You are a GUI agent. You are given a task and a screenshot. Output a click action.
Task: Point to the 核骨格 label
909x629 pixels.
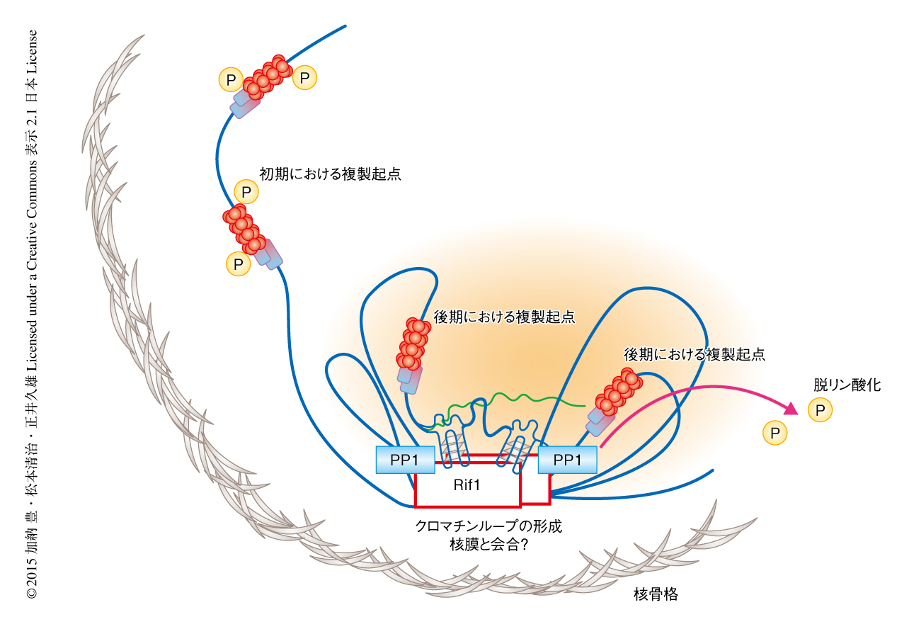pyautogui.click(x=655, y=594)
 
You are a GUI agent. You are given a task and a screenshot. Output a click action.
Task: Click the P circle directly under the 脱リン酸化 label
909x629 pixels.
pyautogui.click(x=820, y=409)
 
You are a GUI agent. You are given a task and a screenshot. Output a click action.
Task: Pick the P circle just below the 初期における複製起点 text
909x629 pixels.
pyautogui.click(x=246, y=191)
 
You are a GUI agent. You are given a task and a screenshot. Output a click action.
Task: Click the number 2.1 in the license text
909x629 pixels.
pyautogui.click(x=31, y=122)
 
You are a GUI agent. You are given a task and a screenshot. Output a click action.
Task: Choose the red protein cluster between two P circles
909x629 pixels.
pyautogui.click(x=268, y=76)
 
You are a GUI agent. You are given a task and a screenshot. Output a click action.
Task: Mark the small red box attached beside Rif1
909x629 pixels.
pyautogui.click(x=536, y=489)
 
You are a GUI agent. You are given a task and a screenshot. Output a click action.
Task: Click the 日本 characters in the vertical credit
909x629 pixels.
pyautogui.click(x=31, y=93)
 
